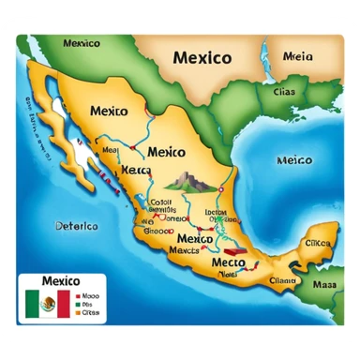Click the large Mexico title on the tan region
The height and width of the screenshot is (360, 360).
click(x=202, y=58)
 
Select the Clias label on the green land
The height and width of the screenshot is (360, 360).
click(x=283, y=92)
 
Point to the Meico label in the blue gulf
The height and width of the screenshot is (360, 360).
click(x=294, y=160)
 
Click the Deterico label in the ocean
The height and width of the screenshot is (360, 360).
click(x=76, y=226)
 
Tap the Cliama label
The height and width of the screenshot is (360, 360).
click(x=281, y=279)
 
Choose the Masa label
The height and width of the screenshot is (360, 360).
click(x=324, y=283)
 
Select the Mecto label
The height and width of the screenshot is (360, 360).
click(x=228, y=263)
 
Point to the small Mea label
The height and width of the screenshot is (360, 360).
click(x=110, y=149)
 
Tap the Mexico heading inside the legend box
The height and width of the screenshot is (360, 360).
click(x=61, y=281)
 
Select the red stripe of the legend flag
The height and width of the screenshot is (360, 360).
click(x=63, y=303)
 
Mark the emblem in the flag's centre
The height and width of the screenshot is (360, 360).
click(x=48, y=303)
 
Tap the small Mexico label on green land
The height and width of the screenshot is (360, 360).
click(x=82, y=43)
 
